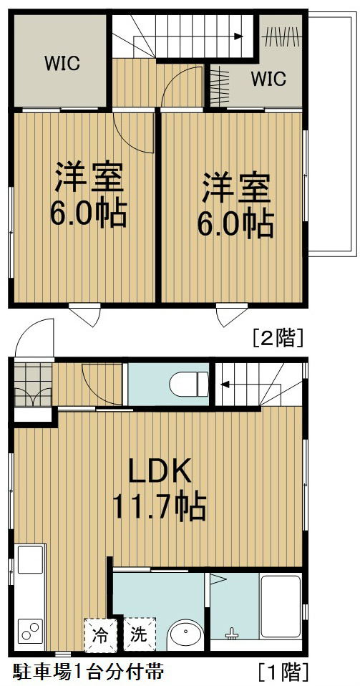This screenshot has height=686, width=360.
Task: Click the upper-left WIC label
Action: (x=62, y=62)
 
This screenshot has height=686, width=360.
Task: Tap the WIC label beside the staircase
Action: (x=268, y=77)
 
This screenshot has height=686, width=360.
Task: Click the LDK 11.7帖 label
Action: (x=159, y=488)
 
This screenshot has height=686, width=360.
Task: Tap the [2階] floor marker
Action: (x=278, y=337)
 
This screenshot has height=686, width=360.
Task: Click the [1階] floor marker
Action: (x=283, y=672)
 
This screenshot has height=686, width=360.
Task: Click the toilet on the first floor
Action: (x=188, y=384)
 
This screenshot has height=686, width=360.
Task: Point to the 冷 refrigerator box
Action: (x=102, y=634)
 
